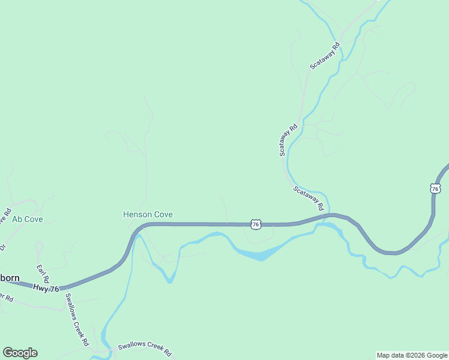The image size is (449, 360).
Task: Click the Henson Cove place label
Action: [148, 214]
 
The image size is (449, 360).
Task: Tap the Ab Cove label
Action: [28, 220]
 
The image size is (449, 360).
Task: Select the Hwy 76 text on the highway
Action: [46, 289]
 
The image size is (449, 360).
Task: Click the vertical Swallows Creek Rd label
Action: [77, 320]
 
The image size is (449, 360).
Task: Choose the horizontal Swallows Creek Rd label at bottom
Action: [145, 346]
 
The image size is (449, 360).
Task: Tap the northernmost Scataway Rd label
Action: [325, 54]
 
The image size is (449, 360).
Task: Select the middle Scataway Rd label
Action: [289, 140]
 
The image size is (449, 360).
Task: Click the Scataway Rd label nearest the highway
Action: [309, 199]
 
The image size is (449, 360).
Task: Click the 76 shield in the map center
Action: [256, 224]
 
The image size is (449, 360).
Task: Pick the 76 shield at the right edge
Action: [435, 188]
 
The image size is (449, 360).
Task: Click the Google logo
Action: [20, 353]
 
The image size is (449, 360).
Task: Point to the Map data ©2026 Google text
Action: [412, 355]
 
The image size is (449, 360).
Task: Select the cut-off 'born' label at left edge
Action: [10, 278]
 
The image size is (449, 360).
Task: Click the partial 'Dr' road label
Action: [2, 247]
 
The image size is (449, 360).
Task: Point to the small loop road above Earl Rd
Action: [40, 246]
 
